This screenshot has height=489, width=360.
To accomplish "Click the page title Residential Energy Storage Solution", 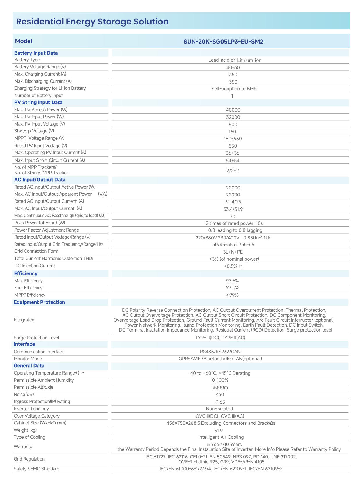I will click(92, 22).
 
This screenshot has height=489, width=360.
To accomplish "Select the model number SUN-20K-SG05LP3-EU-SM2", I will click(223, 42).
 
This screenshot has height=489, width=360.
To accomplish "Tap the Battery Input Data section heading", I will click(36, 53).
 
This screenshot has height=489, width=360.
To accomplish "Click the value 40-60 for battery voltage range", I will click(233, 67).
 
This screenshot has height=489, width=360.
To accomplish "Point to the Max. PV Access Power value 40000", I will click(233, 110).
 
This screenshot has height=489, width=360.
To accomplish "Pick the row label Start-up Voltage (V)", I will click(34, 131).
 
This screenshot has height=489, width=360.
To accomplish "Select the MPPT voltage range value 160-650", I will click(233, 139).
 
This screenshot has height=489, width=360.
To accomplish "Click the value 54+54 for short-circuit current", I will click(233, 160).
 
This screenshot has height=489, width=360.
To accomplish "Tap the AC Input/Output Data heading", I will click(40, 180).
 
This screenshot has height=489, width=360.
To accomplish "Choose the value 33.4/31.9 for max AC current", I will click(233, 209).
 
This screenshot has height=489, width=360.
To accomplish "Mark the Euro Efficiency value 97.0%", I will click(233, 288).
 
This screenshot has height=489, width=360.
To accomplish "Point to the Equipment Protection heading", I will click(39, 302).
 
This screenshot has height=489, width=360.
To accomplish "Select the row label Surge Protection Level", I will click(36, 338).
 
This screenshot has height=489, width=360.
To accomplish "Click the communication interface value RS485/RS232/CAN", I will click(220, 352).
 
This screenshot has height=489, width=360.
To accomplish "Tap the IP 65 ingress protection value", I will click(219, 402).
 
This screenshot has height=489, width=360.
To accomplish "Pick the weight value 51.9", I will click(218, 431).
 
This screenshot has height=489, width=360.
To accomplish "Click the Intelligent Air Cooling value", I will click(221, 437).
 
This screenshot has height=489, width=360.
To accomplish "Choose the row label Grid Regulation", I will click(29, 459).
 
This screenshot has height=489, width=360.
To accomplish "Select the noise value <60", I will click(219, 394).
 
